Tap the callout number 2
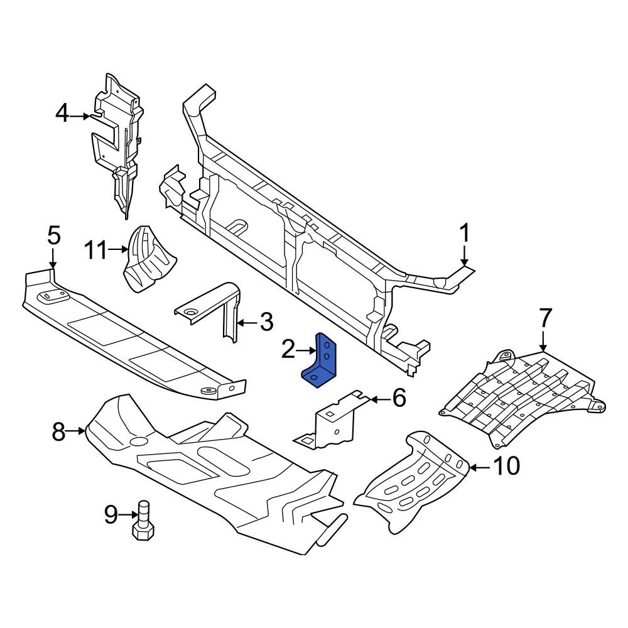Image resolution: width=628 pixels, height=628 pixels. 288,350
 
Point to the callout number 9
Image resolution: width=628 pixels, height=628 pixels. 111,516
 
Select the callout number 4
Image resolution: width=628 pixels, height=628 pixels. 62,114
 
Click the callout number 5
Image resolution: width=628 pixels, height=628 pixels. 54,237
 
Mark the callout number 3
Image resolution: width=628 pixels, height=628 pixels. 266,323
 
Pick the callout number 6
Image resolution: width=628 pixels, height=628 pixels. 399,398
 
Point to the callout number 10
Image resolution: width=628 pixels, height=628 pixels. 506,466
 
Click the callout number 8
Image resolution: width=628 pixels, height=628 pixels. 58,431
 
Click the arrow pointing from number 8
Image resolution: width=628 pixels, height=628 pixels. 77,431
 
